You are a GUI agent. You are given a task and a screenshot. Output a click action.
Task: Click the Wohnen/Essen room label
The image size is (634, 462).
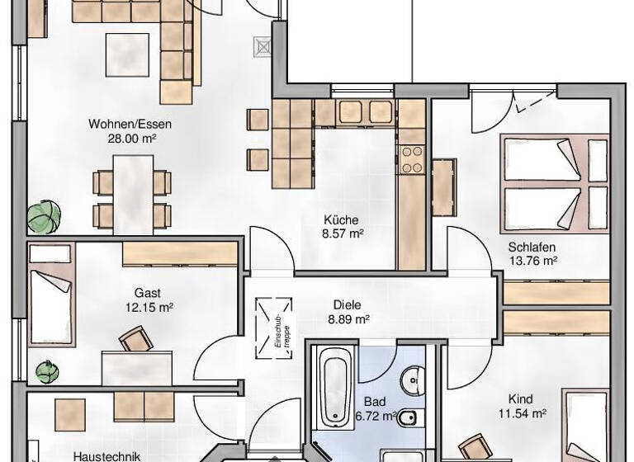[x=131, y=125]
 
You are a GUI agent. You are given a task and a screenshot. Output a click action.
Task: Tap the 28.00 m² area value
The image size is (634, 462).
[x=131, y=139]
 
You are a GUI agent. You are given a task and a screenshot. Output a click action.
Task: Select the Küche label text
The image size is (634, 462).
[x=341, y=220]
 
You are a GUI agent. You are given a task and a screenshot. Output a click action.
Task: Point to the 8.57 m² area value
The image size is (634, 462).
[x=343, y=233]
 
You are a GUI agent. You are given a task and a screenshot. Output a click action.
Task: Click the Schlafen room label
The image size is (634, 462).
[x=532, y=247]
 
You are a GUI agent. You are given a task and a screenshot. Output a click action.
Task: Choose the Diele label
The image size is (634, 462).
[x=348, y=304]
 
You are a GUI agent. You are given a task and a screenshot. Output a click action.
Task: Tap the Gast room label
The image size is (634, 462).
[x=148, y=293]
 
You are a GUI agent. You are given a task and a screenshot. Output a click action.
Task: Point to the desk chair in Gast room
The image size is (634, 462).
[x=135, y=339]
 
